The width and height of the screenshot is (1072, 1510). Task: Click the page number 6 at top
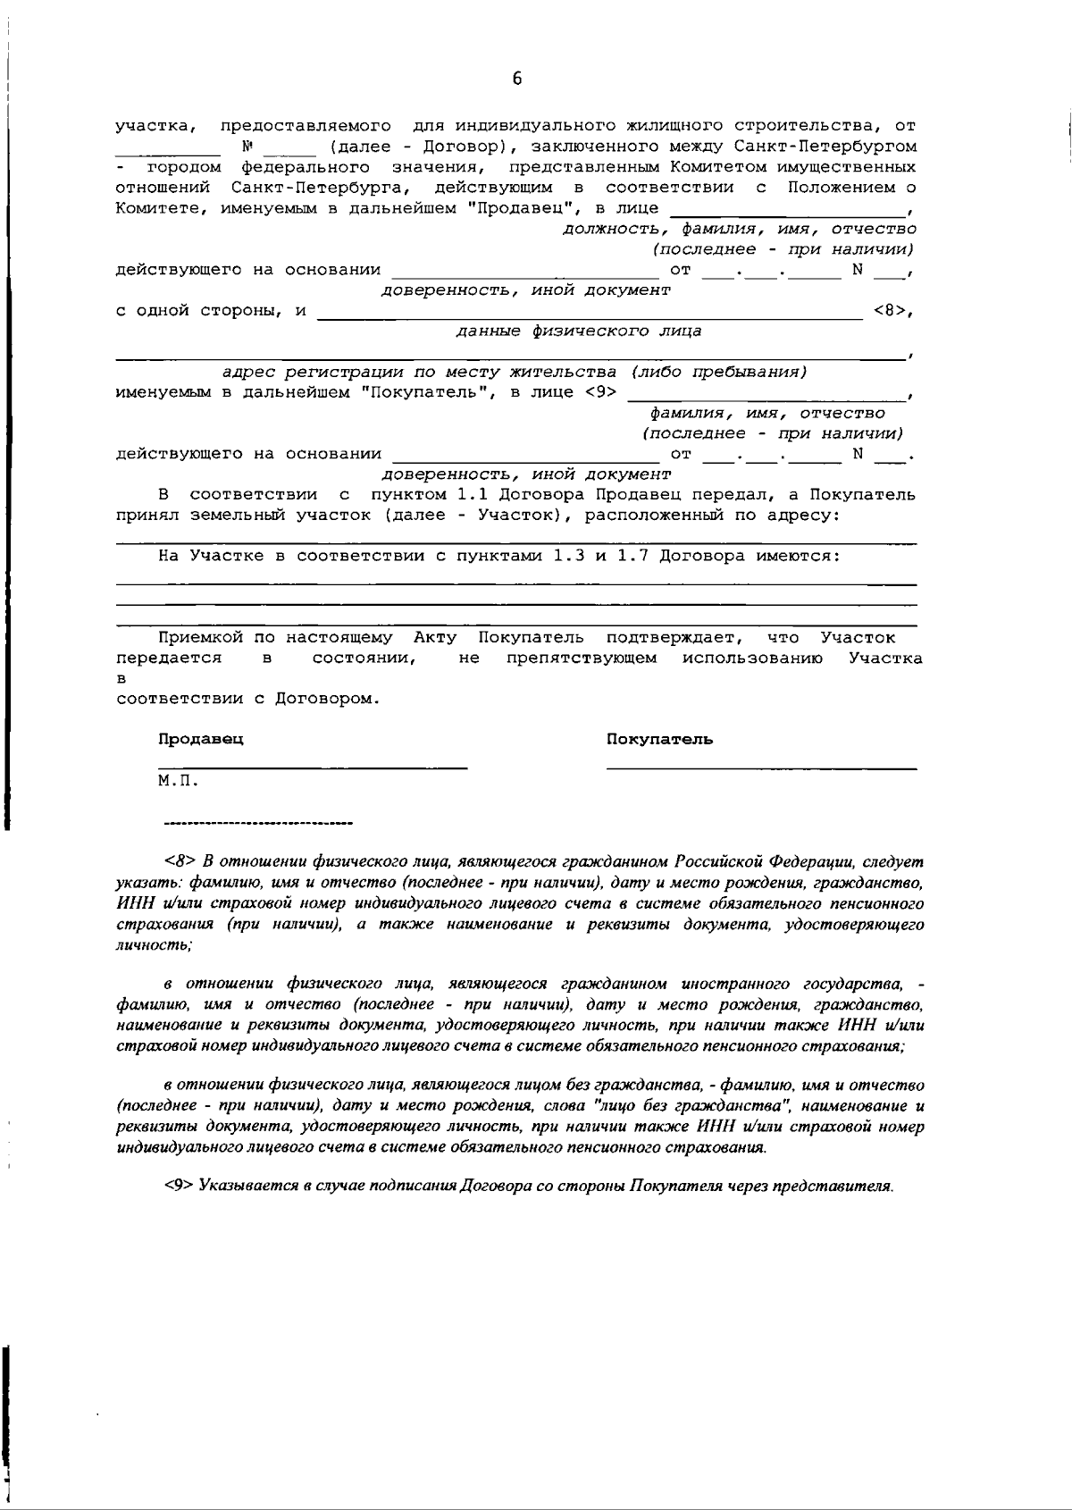click(x=517, y=79)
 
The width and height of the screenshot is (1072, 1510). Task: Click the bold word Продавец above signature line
click(x=201, y=739)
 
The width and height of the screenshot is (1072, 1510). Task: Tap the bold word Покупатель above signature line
click(x=659, y=739)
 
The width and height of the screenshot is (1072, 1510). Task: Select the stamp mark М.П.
click(x=178, y=781)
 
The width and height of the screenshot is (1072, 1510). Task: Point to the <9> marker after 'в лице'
click(x=600, y=392)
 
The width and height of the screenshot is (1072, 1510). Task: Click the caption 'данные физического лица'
click(x=578, y=331)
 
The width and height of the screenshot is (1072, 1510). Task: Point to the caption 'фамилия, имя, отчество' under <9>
click(x=767, y=413)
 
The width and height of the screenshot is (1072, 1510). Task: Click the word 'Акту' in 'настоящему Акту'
click(x=435, y=637)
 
